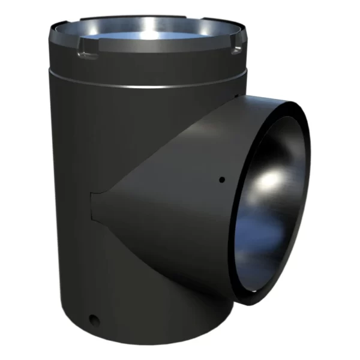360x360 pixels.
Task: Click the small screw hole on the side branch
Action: pos(221,179)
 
